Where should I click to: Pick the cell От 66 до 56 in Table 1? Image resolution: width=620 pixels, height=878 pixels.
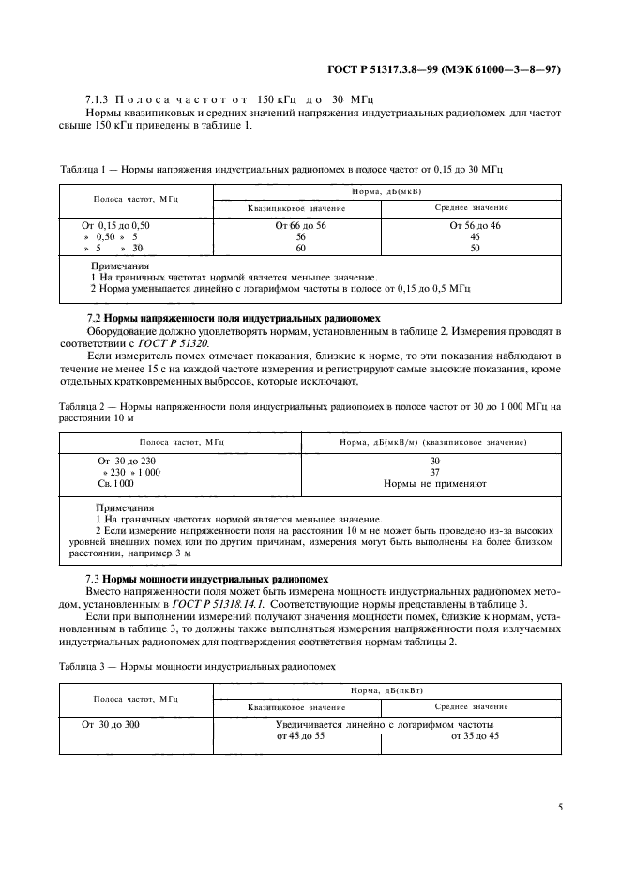coord(300,226)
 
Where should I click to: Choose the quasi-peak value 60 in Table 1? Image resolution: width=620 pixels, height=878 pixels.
coord(300,249)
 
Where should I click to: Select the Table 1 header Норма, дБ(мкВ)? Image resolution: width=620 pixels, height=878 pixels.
coord(389,191)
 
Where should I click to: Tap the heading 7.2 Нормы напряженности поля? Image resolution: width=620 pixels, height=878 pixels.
coord(195,319)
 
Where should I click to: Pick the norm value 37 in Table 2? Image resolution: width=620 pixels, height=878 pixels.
coord(434,472)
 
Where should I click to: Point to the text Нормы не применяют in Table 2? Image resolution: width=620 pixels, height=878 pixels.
coord(434,483)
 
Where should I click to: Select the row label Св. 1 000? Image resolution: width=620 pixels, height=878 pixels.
coord(116,483)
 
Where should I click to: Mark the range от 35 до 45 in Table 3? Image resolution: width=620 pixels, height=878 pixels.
coord(475,736)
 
